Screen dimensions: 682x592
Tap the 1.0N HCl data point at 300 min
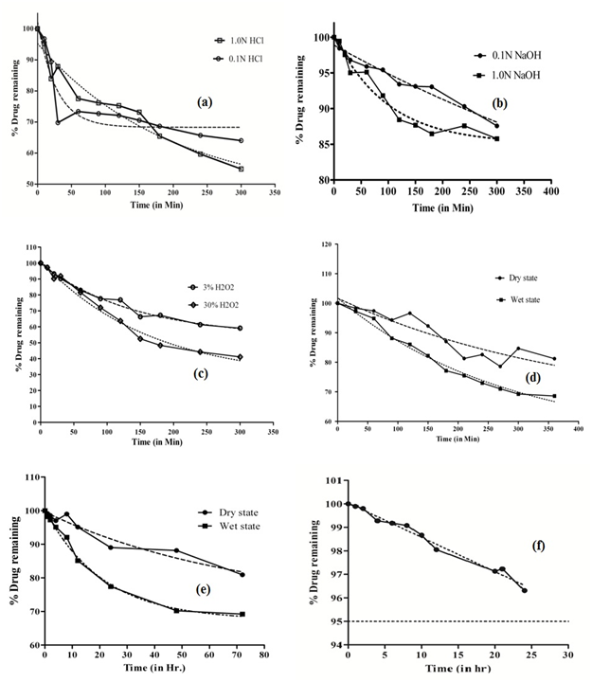tap(241, 169)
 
